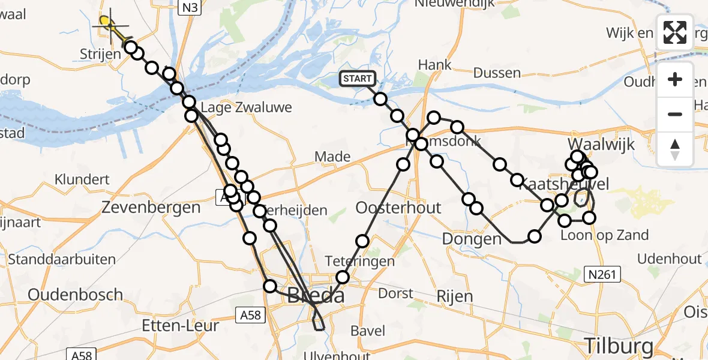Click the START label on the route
[358, 79]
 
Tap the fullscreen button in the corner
[675, 32]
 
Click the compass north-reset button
[675, 149]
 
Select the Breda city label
[316, 295]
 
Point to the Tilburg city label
[619, 347]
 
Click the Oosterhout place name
[398, 208]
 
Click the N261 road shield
[602, 274]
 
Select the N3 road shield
[190, 7]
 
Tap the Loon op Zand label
[604, 235]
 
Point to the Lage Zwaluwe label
[247, 108]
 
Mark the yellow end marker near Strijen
[106, 22]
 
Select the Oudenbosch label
[76, 295]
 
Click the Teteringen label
[360, 261]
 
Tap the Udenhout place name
[670, 259]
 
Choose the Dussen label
[497, 73]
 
